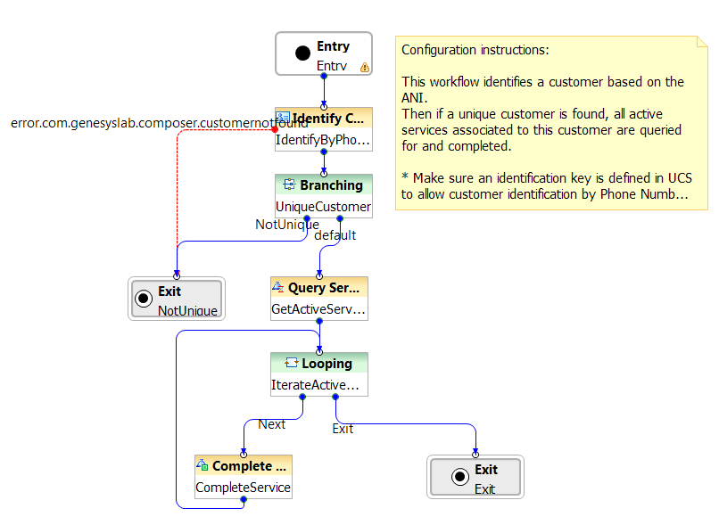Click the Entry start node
pyautogui.click(x=323, y=54)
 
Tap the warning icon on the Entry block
pyautogui.click(x=364, y=67)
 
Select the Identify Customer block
pyautogui.click(x=323, y=129)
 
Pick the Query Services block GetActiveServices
pyautogui.click(x=318, y=299)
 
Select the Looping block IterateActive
pyautogui.click(x=318, y=374)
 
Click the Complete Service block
pyautogui.click(x=243, y=477)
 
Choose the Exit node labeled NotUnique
pyautogui.click(x=176, y=299)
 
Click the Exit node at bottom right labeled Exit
pyautogui.click(x=475, y=478)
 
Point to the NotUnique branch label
pyautogui.click(x=286, y=225)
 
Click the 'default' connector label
pyautogui.click(x=335, y=235)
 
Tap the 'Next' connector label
pyautogui.click(x=271, y=424)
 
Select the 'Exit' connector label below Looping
pyautogui.click(x=343, y=429)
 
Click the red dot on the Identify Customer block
pyautogui.click(x=275, y=130)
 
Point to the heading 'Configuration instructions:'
pyautogui.click(x=475, y=50)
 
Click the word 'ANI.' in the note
pyautogui.click(x=416, y=98)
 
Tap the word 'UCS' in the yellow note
pyautogui.click(x=679, y=178)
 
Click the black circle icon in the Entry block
pyautogui.click(x=302, y=54)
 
